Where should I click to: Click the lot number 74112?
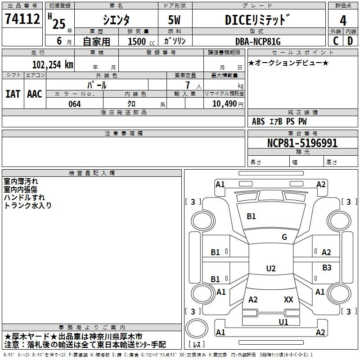coord(22,19)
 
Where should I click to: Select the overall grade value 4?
coord(343,21)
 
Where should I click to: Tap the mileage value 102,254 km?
coord(53,65)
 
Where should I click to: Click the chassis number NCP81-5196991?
coord(302,143)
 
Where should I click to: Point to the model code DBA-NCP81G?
coord(258,41)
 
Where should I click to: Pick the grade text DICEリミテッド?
coord(257,20)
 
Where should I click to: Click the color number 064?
coord(75,104)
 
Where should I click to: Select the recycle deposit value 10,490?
coord(224,104)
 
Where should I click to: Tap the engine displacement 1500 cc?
coord(141,41)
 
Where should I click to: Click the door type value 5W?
coord(174,20)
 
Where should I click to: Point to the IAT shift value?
coord(13,94)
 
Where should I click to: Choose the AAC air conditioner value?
coord(35,94)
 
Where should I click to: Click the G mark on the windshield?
coord(284,237)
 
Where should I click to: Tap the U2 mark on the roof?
coord(271,268)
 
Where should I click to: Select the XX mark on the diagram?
coord(288,299)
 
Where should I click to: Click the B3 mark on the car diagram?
coord(327,267)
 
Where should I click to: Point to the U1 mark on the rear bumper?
coord(283,322)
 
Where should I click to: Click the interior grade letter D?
coord(350,41)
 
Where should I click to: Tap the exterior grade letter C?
coord(336,41)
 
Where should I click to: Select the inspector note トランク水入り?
coord(27,206)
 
